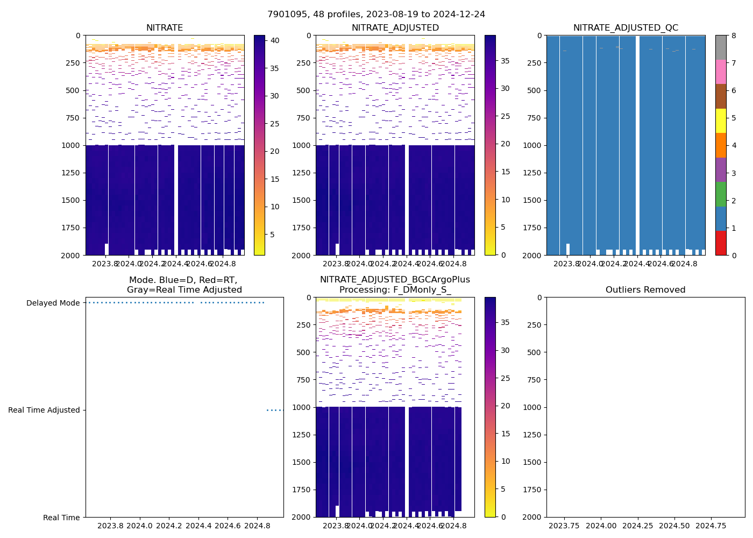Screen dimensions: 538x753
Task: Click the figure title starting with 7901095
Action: [376, 15]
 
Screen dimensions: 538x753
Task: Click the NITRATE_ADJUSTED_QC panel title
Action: [626, 28]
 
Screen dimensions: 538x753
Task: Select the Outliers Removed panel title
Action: [645, 290]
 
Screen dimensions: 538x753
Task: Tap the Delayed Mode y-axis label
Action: [53, 303]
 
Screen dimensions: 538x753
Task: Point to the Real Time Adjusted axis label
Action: [44, 410]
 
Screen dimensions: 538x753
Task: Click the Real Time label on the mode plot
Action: [61, 518]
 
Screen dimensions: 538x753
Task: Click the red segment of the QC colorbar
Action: [721, 243]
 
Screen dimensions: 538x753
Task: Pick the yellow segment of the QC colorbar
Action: [721, 121]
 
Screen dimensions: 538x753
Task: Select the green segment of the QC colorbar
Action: [721, 194]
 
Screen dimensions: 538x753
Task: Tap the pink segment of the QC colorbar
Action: [721, 72]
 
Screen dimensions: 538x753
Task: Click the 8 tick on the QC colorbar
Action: [734, 36]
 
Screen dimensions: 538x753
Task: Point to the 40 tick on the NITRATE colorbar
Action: [274, 41]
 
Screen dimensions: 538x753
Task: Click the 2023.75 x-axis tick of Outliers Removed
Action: [564, 526]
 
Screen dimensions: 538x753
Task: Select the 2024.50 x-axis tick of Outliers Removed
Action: [674, 526]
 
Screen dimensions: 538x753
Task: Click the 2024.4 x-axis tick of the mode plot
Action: [198, 526]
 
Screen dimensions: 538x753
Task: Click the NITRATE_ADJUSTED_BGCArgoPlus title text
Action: [395, 280]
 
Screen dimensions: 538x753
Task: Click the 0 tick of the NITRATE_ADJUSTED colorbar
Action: [503, 255]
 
